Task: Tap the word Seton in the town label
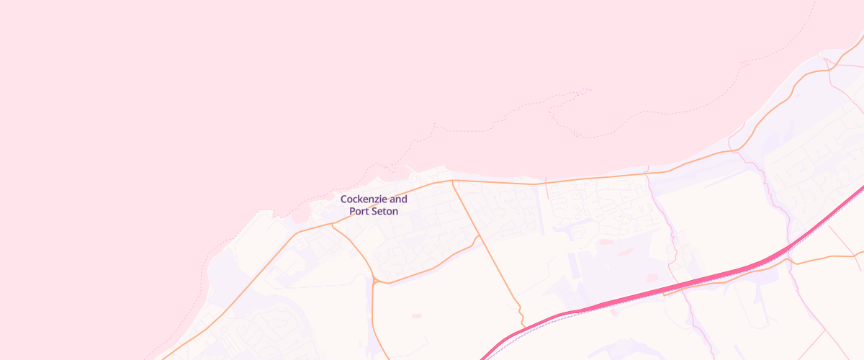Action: point(384,212)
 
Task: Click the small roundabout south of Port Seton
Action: point(375,281)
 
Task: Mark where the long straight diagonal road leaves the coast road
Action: point(452,181)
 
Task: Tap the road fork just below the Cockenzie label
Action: point(332,225)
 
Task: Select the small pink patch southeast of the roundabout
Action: point(416,315)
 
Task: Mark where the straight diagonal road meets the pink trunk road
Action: point(523,325)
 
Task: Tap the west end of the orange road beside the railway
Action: point(664,294)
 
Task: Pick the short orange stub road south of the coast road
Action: point(546,189)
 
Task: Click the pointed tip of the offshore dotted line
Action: point(590,89)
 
